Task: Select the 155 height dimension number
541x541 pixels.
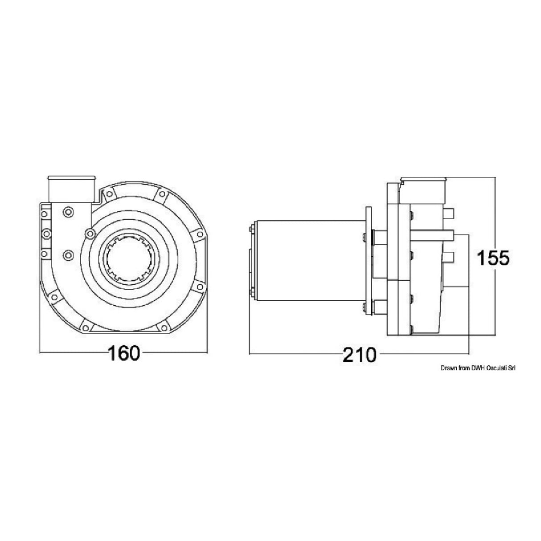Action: tap(492, 258)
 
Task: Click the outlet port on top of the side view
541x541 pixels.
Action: tap(423, 189)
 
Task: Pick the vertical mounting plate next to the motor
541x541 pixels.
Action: tap(368, 262)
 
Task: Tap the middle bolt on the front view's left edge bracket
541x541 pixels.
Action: tap(44, 234)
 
